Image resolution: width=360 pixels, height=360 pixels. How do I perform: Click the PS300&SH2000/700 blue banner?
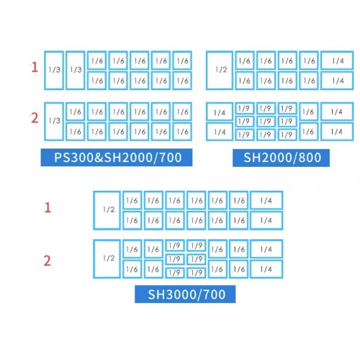117,158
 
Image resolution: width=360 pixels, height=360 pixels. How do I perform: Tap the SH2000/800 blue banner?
281,158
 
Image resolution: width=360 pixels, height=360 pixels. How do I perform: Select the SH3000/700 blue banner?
185,294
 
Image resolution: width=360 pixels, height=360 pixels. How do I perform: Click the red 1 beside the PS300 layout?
35,67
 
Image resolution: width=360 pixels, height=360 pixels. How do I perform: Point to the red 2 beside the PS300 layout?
35,118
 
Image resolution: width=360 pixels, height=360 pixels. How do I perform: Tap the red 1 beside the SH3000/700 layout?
48,207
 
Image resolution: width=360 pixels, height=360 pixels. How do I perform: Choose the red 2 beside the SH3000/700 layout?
48,261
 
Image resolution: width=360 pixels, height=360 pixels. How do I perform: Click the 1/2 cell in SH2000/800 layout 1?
220,70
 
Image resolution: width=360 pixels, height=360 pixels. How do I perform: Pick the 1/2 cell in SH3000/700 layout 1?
107,210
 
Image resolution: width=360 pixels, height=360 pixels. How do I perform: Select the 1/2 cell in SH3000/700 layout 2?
107,258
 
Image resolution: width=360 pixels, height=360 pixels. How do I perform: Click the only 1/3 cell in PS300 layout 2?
54,122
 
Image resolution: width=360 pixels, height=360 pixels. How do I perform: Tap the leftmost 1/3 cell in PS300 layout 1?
54,70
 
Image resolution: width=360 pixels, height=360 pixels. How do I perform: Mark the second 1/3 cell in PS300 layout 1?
76,70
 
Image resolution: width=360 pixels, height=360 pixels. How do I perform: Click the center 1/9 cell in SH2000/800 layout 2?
266,122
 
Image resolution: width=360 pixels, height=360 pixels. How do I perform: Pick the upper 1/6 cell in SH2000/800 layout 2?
309,112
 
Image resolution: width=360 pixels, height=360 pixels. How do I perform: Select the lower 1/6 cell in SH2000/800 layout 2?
309,132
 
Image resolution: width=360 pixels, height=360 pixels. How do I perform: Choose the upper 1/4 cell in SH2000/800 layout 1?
337,60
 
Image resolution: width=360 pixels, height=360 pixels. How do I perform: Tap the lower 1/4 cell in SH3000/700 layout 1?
266,220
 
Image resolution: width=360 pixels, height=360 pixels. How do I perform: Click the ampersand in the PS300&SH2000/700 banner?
99,158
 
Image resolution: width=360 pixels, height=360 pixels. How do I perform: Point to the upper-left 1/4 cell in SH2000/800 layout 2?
220,112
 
